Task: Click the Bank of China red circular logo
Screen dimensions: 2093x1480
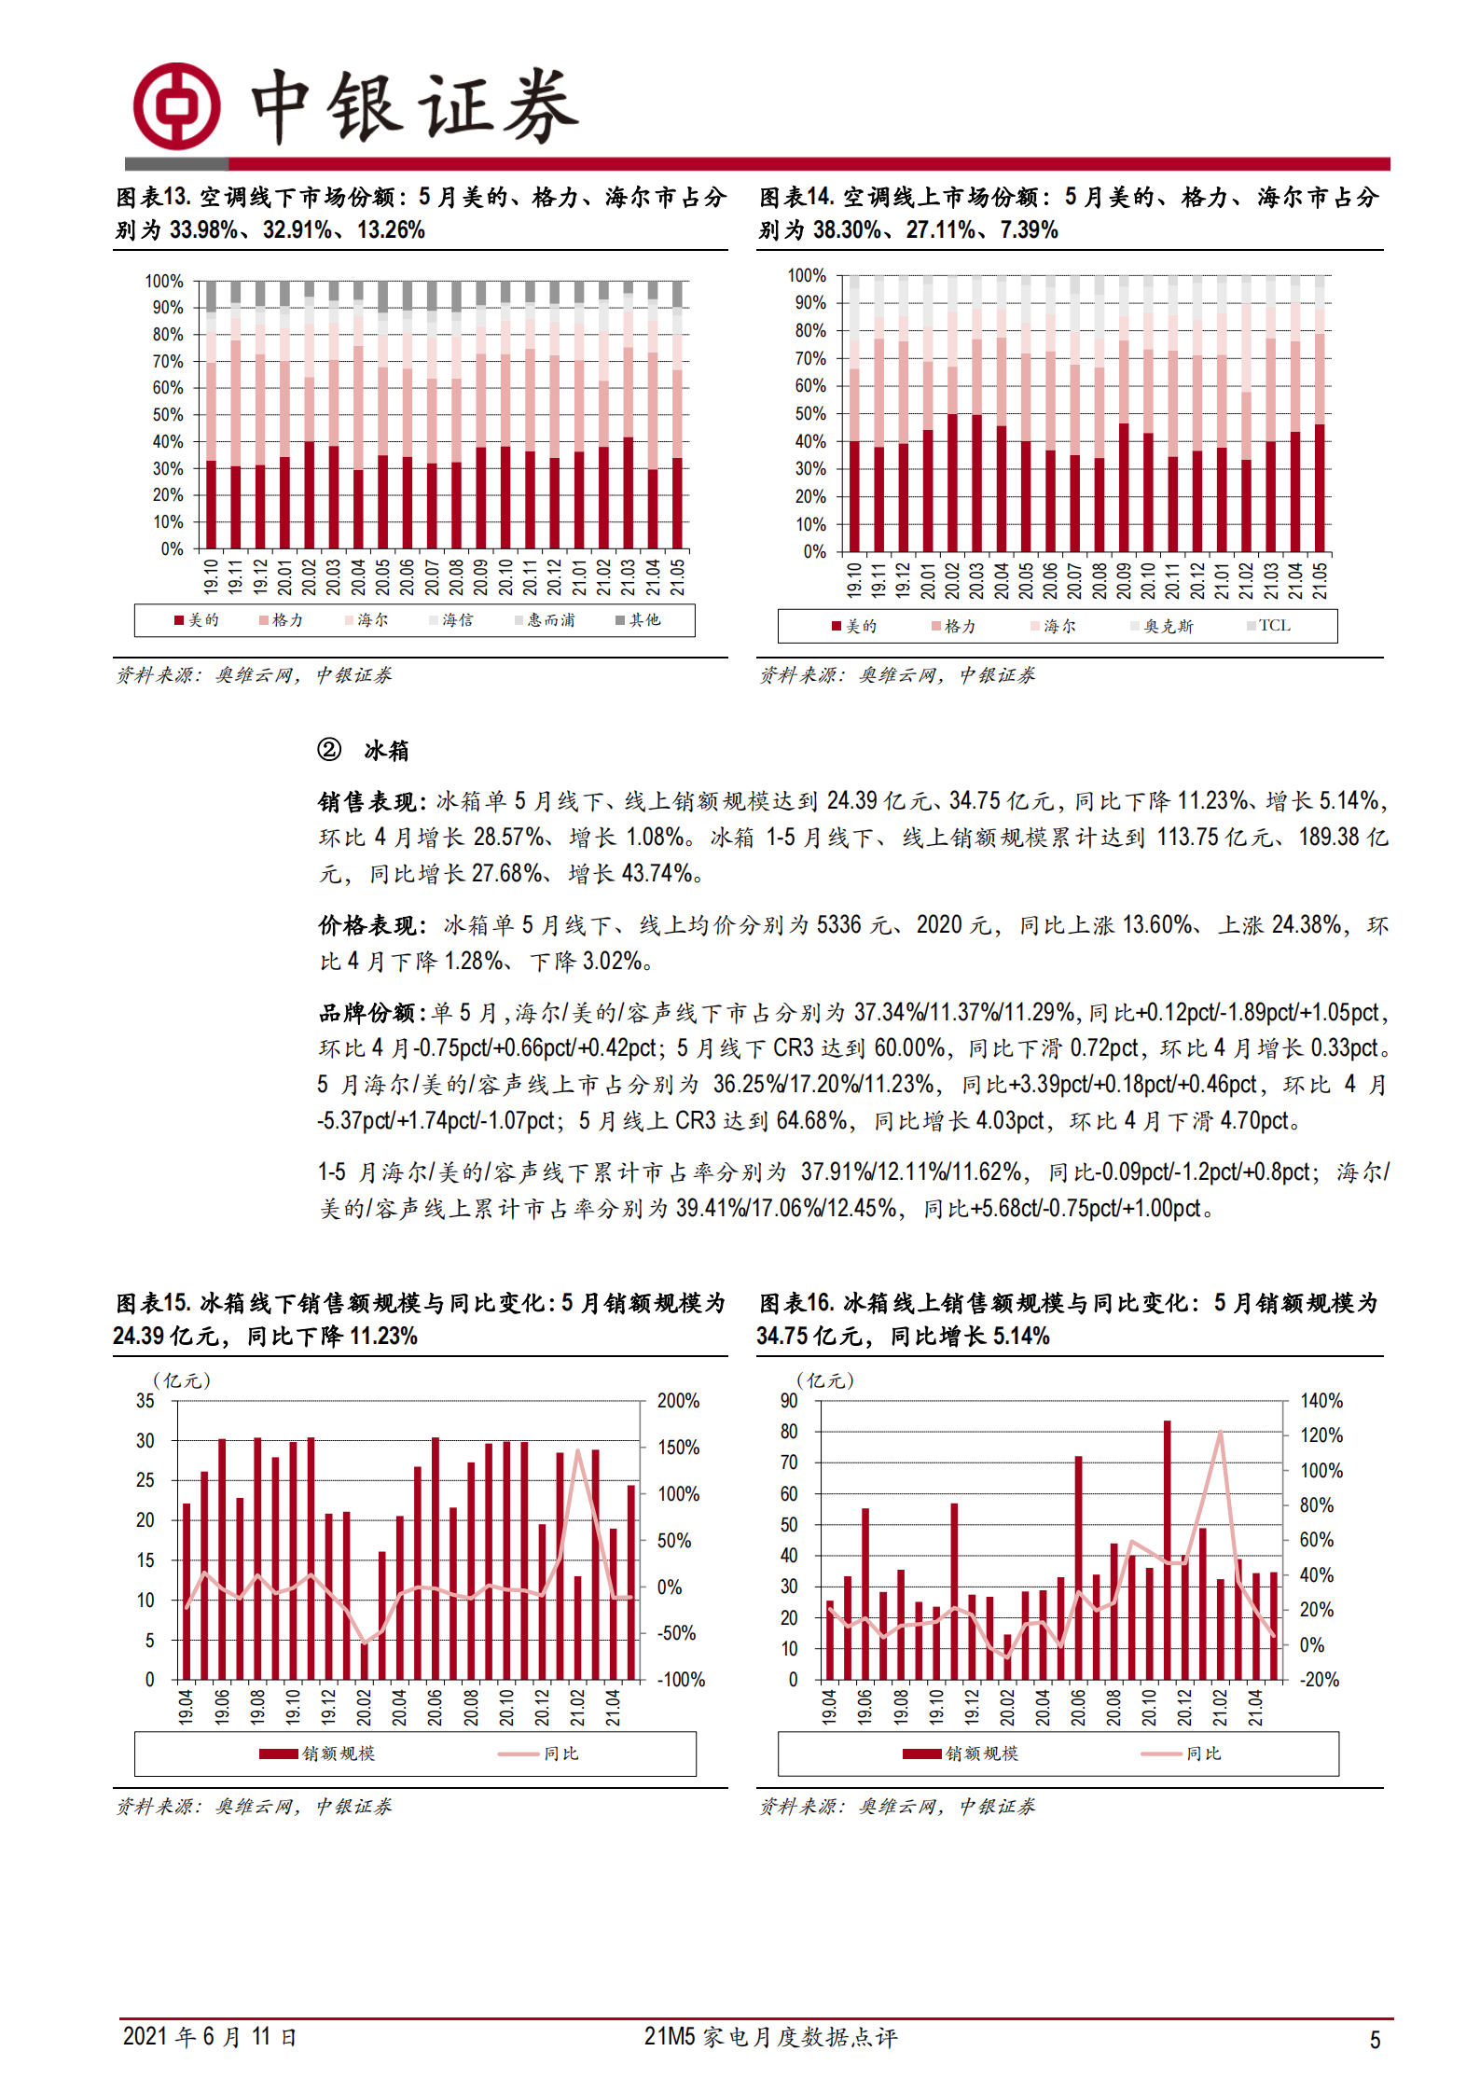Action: [x=176, y=106]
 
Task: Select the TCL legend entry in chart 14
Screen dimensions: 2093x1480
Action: [x=1269, y=626]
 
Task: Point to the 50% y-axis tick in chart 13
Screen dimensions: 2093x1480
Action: [x=168, y=415]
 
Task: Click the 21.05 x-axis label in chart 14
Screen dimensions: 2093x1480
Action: [x=1320, y=580]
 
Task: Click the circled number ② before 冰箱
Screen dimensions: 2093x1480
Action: [x=329, y=750]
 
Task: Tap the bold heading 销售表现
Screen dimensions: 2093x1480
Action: [x=370, y=801]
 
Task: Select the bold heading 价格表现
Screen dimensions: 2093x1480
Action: [x=370, y=925]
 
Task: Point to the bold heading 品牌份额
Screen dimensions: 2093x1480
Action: [x=370, y=1013]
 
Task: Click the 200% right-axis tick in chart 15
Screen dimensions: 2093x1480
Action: [x=678, y=1401]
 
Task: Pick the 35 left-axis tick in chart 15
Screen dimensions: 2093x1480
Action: [x=145, y=1401]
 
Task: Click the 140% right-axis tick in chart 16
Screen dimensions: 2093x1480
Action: [x=1321, y=1401]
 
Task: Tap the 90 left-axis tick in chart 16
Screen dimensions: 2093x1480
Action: [x=789, y=1401]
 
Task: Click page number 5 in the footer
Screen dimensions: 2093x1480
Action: [x=1375, y=2040]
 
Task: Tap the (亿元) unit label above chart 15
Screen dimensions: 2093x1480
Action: [x=182, y=1380]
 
